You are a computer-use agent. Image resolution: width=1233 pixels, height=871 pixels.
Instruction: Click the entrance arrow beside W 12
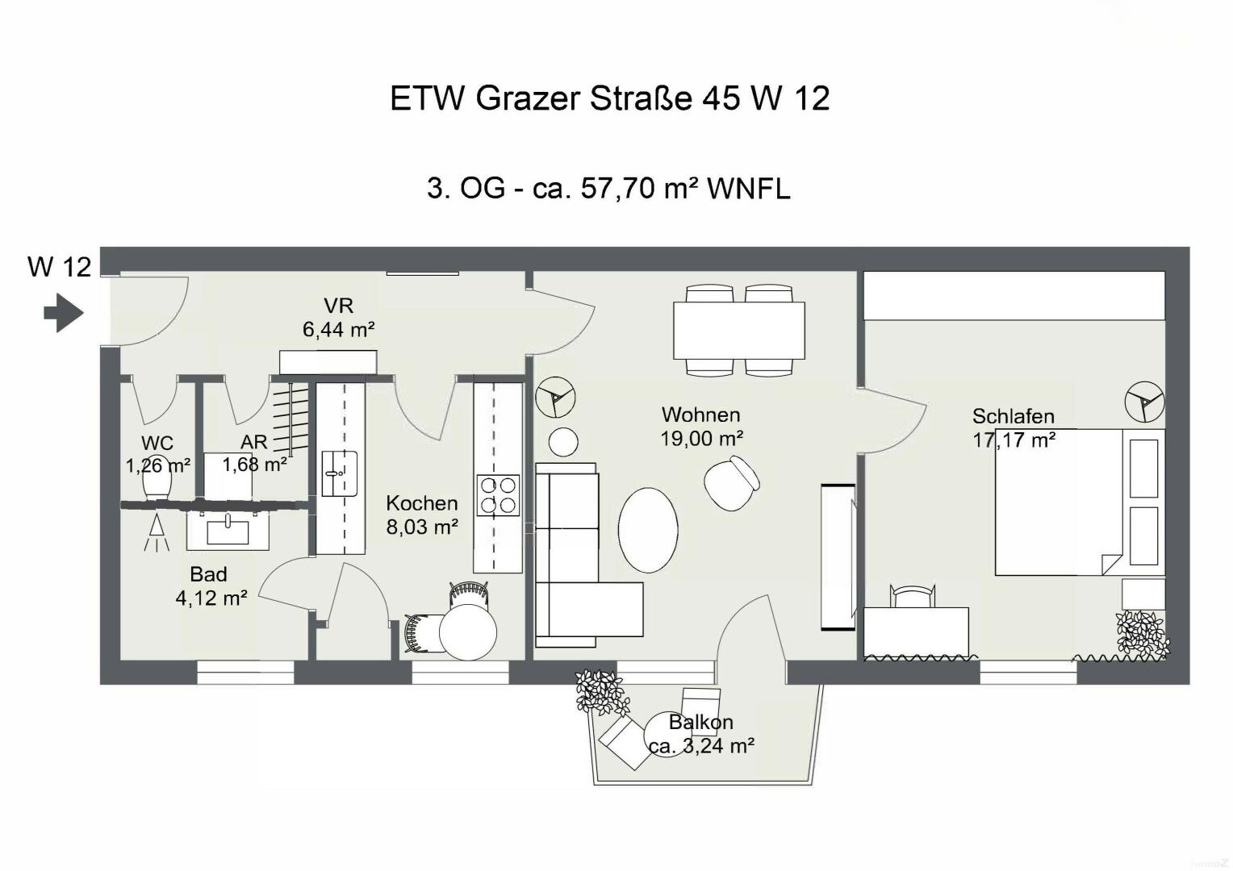64,313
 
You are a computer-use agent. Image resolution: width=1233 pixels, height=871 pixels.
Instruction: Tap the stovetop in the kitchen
498,495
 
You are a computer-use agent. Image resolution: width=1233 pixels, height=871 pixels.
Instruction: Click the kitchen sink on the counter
340,473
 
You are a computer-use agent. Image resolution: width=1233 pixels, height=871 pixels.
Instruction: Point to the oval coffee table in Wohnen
648,530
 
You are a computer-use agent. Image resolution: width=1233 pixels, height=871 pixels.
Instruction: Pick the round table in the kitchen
468,631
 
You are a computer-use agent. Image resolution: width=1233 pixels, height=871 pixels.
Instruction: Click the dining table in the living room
739,330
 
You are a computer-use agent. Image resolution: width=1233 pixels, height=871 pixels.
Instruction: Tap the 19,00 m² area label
702,439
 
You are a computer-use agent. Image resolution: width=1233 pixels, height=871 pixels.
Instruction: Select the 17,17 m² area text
1014,440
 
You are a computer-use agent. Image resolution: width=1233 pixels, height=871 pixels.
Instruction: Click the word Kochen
422,503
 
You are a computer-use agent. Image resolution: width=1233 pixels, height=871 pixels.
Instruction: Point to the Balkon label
700,722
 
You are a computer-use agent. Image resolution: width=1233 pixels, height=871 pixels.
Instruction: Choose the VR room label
339,306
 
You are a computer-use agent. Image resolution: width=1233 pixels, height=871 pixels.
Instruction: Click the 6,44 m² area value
339,330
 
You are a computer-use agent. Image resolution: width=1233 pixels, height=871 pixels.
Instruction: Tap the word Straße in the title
641,98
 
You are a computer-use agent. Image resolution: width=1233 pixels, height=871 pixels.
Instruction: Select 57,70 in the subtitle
617,189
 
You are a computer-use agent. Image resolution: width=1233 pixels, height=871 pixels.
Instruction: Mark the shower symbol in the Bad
157,532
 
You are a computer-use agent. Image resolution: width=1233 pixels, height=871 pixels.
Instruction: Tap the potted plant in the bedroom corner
1143,635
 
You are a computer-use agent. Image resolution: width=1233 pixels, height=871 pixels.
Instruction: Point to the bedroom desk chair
912,596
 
